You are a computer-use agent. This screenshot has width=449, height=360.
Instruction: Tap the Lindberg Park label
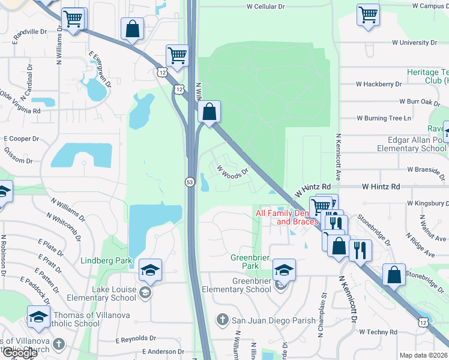(x=106, y=261)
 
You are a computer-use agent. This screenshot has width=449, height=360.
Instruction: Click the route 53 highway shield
(x=189, y=181)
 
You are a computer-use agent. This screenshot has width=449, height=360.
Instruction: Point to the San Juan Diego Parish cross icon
(x=222, y=320)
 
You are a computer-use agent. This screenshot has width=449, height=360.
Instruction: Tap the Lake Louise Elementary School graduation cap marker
(x=150, y=270)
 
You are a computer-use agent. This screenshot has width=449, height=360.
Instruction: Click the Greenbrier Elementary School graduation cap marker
(x=284, y=269)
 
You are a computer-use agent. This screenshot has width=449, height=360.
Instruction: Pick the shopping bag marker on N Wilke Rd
(x=209, y=112)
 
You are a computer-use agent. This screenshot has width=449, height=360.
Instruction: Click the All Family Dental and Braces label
(x=286, y=217)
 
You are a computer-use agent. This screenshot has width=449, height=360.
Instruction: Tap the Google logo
(x=20, y=353)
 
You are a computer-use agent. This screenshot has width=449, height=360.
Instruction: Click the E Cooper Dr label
(x=21, y=138)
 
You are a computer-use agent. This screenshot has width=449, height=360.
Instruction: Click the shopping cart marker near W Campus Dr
(x=368, y=15)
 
